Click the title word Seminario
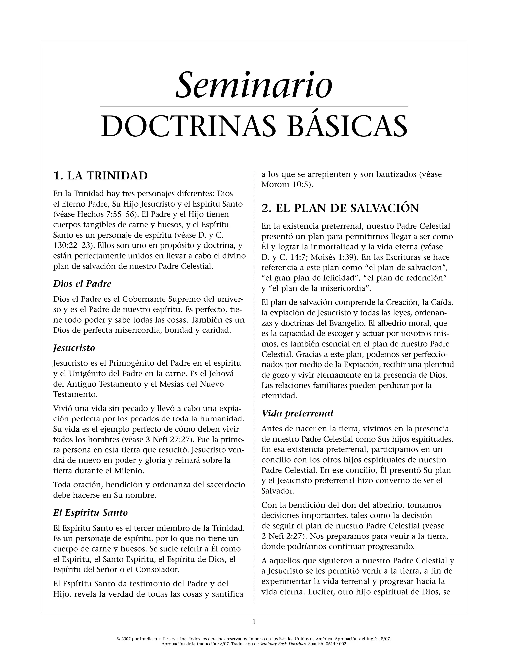(x=254, y=86)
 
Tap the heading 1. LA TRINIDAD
(x=100, y=176)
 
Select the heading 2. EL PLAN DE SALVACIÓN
(x=340, y=208)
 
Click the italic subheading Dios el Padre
(x=82, y=284)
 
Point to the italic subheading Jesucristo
(x=74, y=348)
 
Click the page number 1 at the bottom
(x=254, y=621)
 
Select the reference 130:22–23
(x=72, y=245)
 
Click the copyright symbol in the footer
(x=118, y=639)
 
